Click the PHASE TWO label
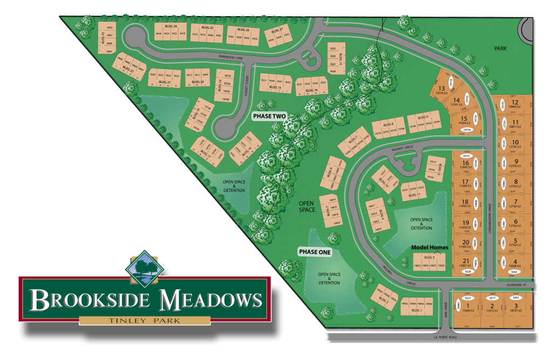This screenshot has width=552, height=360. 270,116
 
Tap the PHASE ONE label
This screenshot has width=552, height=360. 315,252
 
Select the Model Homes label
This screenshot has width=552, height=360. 430,247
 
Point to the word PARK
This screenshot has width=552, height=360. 501,49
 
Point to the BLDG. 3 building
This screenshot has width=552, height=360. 430,262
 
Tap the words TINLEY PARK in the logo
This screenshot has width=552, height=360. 144,321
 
